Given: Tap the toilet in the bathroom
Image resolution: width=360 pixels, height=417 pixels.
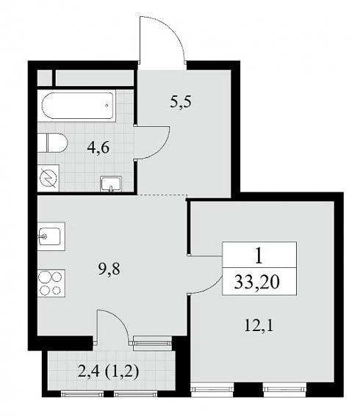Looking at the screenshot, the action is point(52,142).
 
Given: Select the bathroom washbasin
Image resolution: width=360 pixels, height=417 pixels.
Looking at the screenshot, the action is point(111,184).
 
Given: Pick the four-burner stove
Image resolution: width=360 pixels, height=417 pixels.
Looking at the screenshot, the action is point(51,283).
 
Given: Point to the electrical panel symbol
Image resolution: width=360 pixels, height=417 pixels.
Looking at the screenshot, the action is point(48,178).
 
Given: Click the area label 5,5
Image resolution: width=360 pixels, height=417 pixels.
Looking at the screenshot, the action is point(181,102).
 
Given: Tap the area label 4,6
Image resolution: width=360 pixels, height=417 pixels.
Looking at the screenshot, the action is point(98,148).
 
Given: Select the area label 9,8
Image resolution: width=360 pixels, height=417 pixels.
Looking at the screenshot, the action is point(109,269).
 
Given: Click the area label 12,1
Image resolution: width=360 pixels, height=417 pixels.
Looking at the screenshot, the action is point(259,326).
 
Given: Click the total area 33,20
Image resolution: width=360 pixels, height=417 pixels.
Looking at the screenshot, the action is point(256,282).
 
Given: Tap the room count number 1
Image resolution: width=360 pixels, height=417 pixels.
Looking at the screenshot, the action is point(259,256).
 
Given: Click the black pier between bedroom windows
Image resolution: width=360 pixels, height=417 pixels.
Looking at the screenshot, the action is point(248,390).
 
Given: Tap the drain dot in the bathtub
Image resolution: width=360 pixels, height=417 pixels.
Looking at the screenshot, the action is point(107,106).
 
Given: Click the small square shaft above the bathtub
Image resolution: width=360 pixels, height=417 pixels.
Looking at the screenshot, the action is point(44,78).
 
